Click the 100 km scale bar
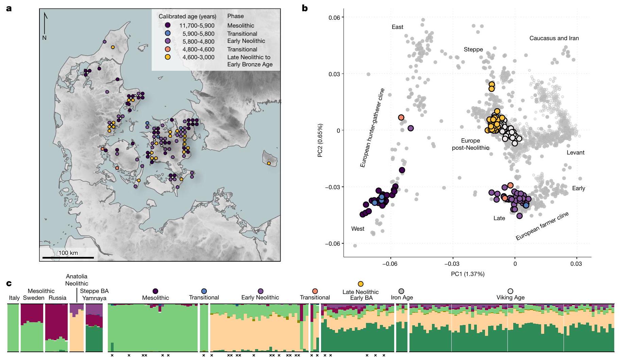click(68, 258)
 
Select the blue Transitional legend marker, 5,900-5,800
click(167, 33)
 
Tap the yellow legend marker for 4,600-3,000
click(167, 57)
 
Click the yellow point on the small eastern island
click(269, 163)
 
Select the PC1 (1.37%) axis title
click(467, 274)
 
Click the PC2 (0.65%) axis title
click(320, 140)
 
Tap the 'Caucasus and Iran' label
click(554, 38)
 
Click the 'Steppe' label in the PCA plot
click(473, 50)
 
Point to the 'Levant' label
click(575, 152)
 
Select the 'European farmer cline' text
click(542, 226)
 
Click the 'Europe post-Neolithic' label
click(470, 144)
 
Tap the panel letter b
click(304, 8)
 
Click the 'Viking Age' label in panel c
click(510, 297)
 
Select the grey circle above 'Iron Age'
click(401, 291)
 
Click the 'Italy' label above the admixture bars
click(14, 298)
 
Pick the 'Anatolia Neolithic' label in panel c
click(77, 280)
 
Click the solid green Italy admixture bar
click(13, 328)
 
